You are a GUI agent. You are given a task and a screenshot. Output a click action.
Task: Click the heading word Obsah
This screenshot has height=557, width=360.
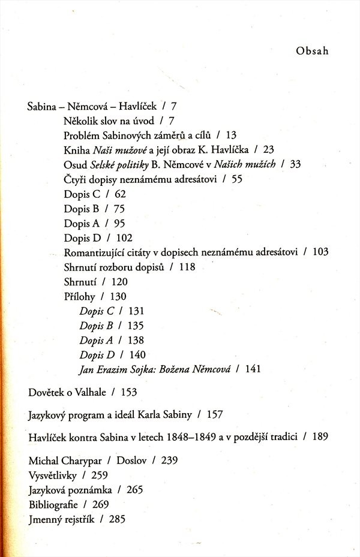(312, 51)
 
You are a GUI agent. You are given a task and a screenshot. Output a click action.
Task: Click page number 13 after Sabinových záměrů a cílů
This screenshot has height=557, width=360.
(232, 135)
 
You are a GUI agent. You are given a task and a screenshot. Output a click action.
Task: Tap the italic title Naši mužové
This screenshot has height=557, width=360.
(116, 149)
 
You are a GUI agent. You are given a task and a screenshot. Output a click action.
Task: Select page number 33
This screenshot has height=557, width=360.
(295, 164)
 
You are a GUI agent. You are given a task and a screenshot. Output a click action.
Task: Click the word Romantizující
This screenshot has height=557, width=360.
(95, 252)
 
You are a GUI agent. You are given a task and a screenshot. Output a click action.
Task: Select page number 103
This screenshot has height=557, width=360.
(320, 252)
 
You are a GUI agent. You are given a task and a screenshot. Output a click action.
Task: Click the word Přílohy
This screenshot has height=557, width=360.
(79, 296)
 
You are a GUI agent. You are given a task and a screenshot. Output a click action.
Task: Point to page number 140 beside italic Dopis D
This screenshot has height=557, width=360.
(137, 355)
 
